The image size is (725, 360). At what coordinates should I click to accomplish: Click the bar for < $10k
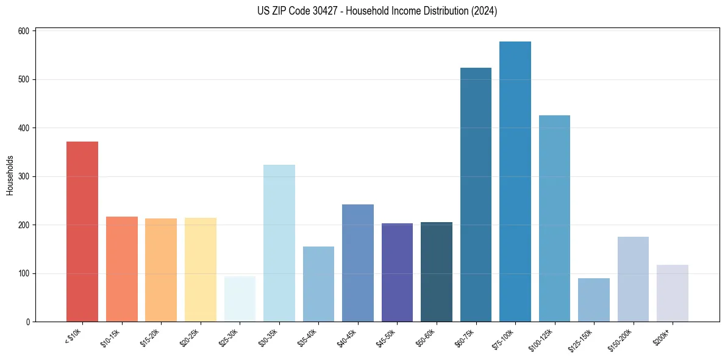click(82, 232)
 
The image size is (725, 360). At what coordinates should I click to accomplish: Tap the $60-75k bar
click(476, 195)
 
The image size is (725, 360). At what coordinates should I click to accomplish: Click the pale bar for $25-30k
click(240, 299)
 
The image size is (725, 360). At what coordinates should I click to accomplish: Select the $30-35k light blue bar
click(279, 243)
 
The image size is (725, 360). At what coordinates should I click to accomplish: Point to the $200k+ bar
click(673, 293)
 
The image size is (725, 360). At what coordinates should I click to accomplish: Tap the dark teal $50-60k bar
click(437, 272)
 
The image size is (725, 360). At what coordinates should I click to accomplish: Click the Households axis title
click(10, 176)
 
